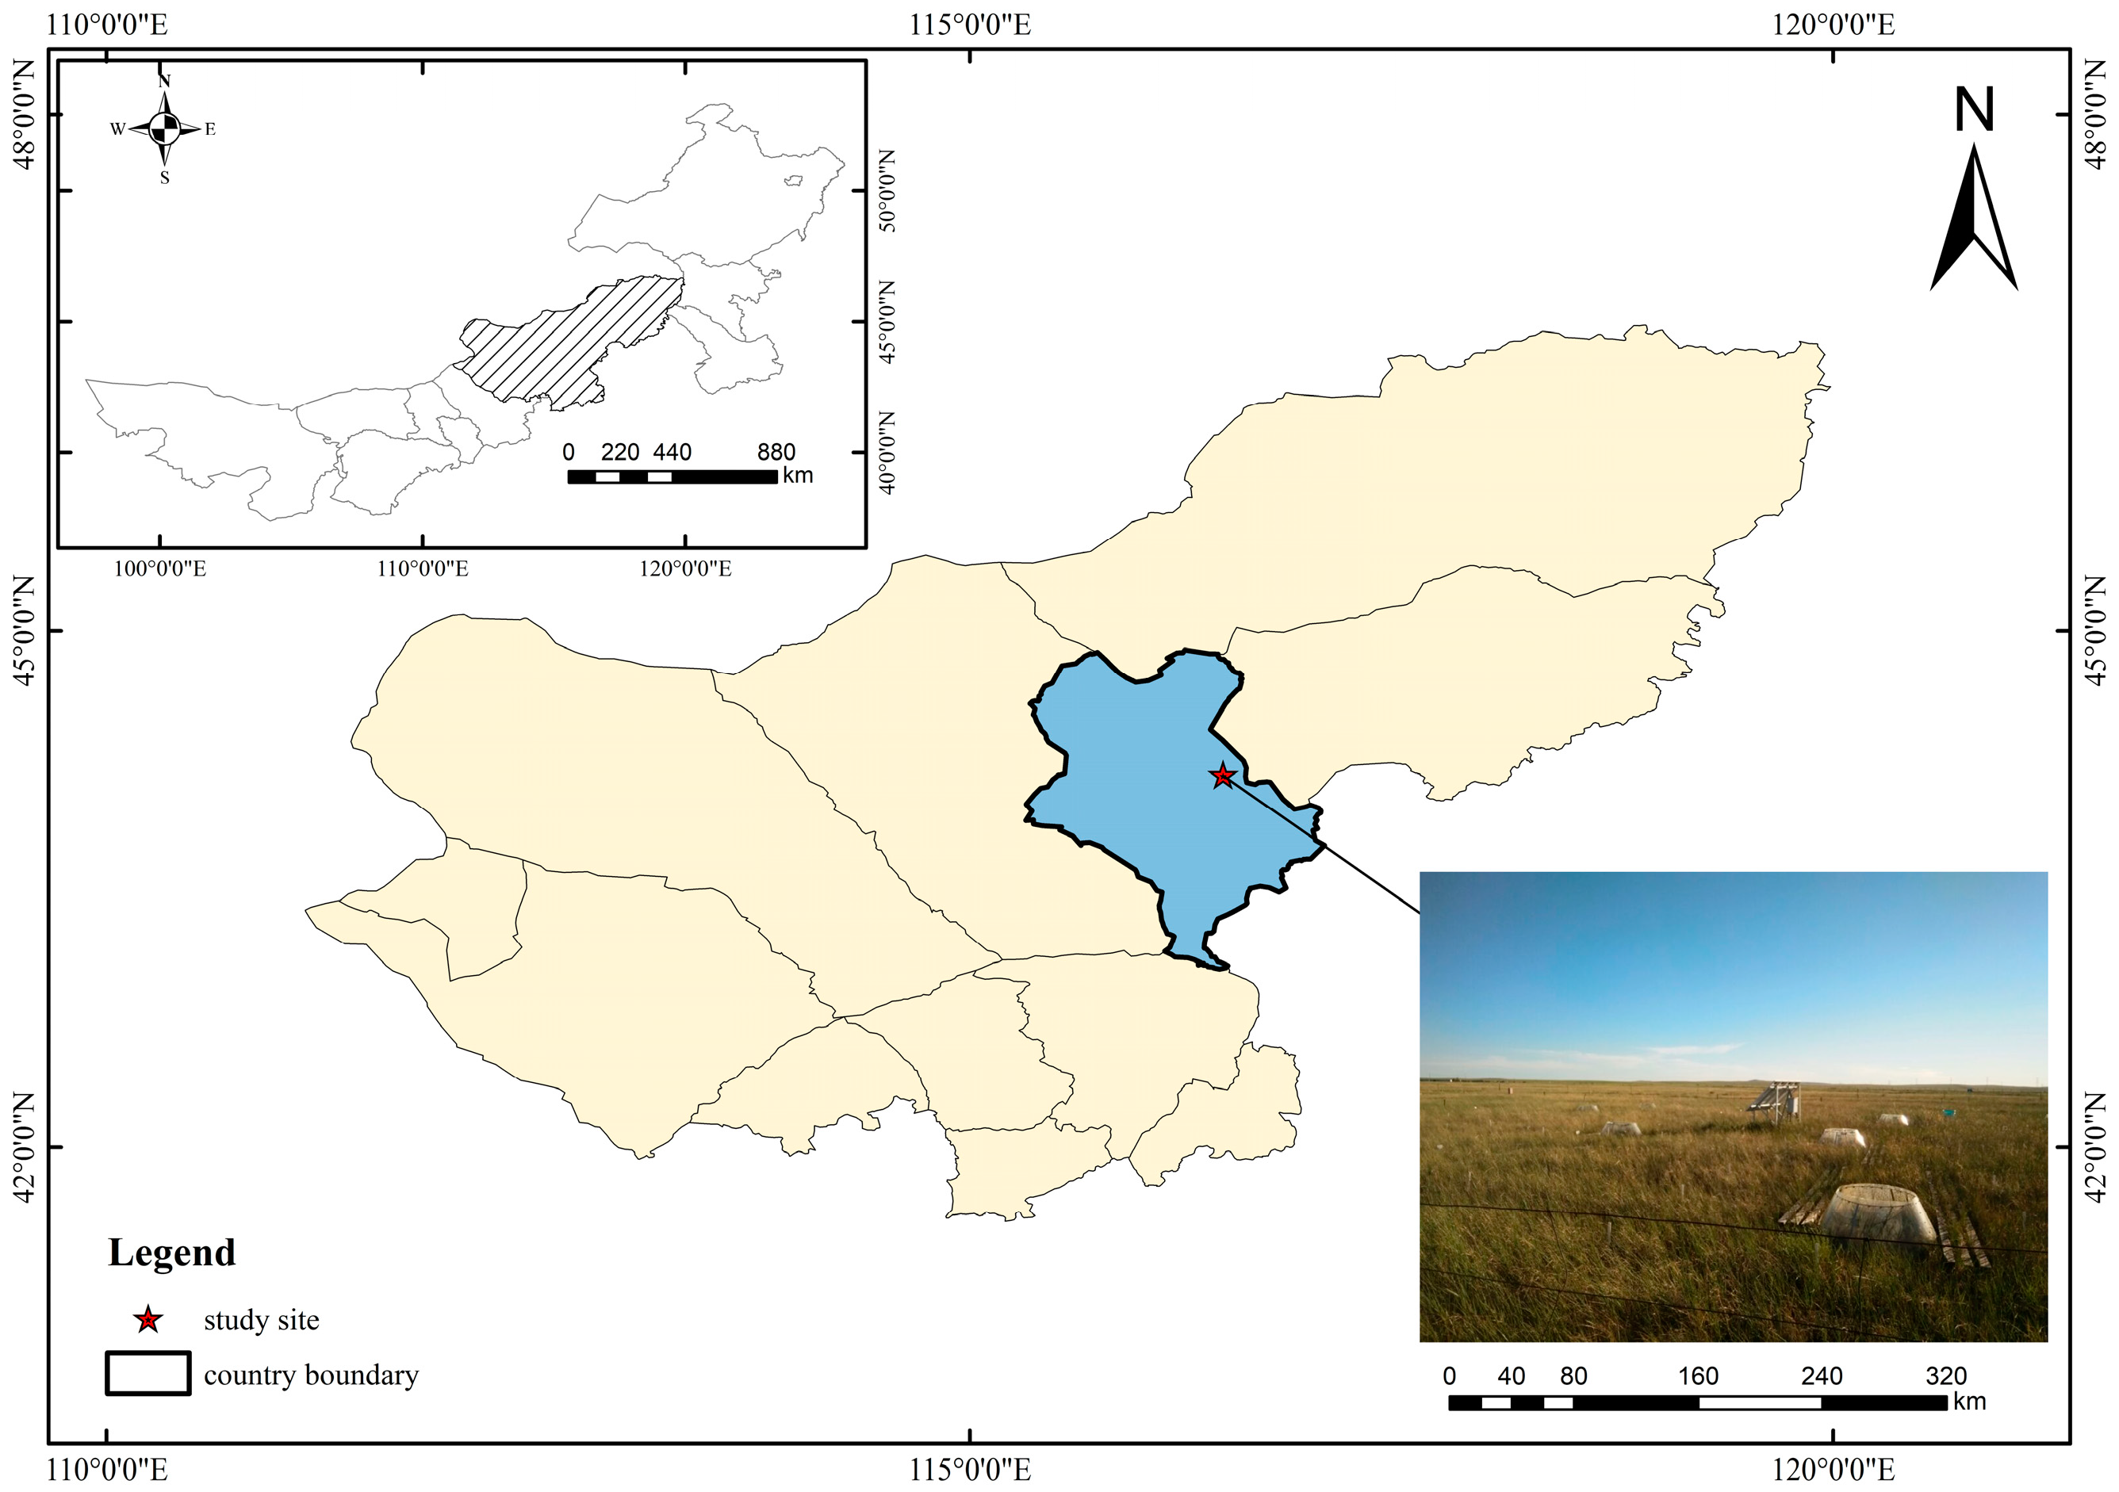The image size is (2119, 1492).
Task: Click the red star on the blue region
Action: point(1222,776)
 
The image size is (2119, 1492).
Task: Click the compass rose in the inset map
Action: point(164,129)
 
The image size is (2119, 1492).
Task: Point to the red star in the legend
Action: point(148,1319)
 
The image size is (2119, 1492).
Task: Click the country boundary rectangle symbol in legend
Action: point(148,1373)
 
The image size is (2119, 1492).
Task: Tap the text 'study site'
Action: point(261,1319)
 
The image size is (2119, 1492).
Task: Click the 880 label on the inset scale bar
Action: point(776,452)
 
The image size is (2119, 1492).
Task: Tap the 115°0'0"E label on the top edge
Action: point(970,24)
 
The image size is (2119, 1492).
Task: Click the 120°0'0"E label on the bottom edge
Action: point(1832,1469)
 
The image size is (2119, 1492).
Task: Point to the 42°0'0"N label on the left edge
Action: point(24,1147)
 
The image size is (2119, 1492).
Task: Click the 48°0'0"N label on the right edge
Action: point(2095,114)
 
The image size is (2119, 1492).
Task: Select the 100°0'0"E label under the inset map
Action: point(159,568)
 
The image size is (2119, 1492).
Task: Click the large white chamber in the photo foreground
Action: point(1878,1214)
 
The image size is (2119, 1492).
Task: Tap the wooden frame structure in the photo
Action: point(1775,1101)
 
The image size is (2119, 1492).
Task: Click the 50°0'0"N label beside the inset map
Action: point(887,190)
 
